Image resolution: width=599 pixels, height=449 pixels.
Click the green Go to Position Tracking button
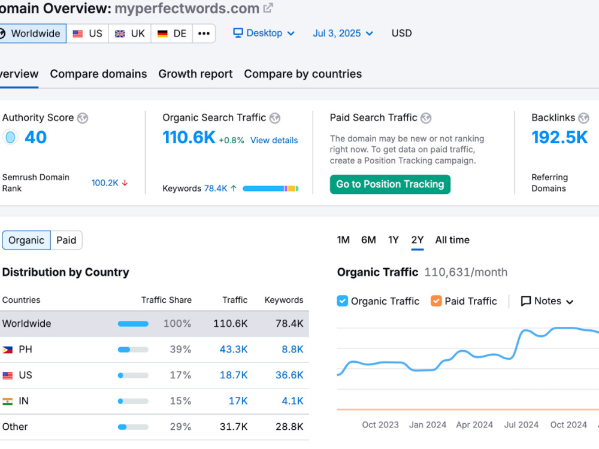coord(390,184)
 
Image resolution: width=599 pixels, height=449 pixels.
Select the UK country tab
coord(130,34)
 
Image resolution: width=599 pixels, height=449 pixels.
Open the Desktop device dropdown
coord(264,33)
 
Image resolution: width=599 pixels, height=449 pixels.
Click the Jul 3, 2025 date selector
coord(343,33)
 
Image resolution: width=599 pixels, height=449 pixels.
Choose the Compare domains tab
coord(99,74)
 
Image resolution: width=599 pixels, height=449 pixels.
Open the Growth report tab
coord(196,74)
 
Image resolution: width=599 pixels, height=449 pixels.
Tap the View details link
coord(274,141)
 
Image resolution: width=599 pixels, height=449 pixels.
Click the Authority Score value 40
coord(35,138)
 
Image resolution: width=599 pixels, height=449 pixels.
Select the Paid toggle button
coord(66,240)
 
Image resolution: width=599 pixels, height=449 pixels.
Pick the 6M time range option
coord(368,240)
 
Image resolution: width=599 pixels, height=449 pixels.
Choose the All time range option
coord(452,240)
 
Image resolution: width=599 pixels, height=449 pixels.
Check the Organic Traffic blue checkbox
coord(342,301)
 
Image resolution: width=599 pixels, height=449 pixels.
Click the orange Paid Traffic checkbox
coord(436,301)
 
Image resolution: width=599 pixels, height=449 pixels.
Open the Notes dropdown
coord(547,301)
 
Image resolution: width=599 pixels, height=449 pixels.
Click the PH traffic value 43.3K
coord(234,350)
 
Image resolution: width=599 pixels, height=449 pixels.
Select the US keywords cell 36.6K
coord(289,375)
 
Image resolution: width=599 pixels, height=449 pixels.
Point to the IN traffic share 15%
coord(180,401)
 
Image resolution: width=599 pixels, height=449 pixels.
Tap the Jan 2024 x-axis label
coord(428,425)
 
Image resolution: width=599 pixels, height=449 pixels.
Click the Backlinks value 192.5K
coord(559,138)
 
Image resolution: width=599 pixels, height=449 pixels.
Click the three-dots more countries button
coord(204,34)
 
